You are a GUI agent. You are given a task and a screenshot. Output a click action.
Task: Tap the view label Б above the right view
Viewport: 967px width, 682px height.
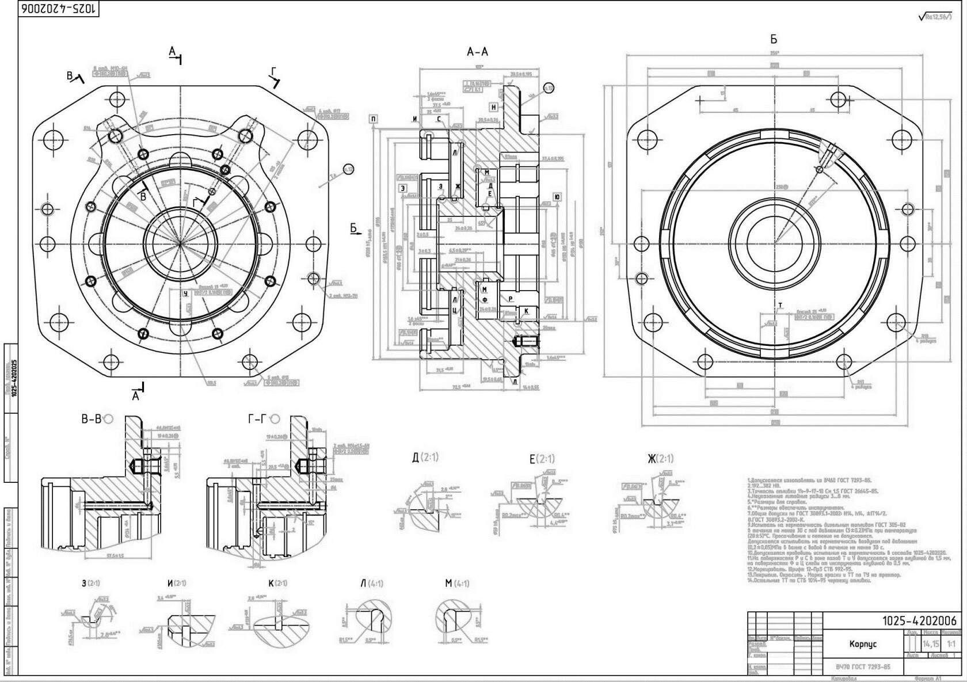[x=774, y=39]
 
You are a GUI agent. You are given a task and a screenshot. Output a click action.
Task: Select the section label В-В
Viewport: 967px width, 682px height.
[x=92, y=419]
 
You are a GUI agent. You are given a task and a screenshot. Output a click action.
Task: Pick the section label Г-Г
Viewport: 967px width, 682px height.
[x=257, y=419]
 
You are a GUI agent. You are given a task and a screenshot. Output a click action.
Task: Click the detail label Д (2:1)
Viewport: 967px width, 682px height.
[x=425, y=458]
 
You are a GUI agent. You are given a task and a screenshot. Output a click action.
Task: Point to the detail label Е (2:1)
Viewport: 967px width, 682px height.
[x=542, y=459]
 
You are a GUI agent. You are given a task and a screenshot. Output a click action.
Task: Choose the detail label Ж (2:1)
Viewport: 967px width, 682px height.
[x=660, y=458]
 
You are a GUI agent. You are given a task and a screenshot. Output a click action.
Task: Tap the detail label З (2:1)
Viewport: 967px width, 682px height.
[x=91, y=583]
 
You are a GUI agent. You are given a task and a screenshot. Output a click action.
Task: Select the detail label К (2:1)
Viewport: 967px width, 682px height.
[x=278, y=583]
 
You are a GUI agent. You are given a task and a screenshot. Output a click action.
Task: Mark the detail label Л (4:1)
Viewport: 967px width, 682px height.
[x=371, y=583]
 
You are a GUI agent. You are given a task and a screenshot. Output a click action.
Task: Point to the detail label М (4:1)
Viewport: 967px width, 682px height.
[x=457, y=583]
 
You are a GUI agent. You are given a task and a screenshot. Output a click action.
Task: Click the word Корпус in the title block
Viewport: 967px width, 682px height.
[x=863, y=643]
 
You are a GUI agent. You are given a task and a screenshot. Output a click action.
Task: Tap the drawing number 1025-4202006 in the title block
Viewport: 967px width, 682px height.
[x=919, y=620]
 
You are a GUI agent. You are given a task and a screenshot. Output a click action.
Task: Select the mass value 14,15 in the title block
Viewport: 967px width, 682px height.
[x=931, y=644]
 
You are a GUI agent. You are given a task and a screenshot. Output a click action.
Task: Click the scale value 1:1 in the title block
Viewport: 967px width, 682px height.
[x=951, y=644]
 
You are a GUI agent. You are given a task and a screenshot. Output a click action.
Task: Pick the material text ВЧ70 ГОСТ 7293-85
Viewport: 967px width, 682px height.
[x=863, y=667]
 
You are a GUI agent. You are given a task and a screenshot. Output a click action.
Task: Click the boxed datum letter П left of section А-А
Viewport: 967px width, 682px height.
[x=374, y=119]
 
